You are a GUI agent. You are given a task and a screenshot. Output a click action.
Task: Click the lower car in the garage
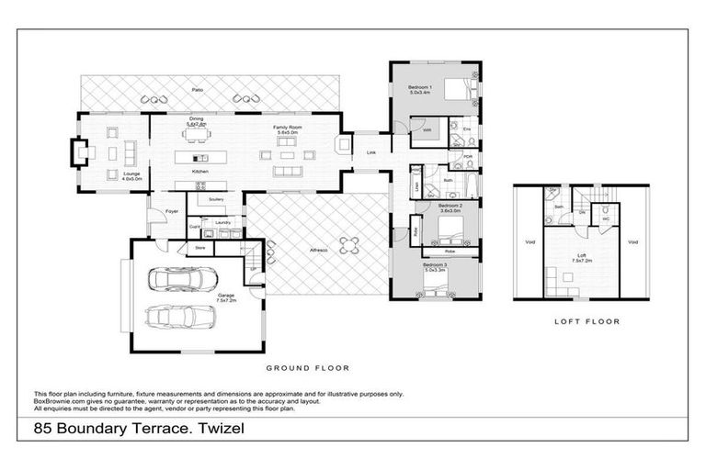pos(180,316)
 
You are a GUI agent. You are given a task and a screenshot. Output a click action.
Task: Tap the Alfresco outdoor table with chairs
pos(348,244)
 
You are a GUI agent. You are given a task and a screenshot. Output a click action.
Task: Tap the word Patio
pos(197,90)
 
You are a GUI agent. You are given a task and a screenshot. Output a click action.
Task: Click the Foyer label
pos(172,211)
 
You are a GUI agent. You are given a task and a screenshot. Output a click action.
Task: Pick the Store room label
pos(199,246)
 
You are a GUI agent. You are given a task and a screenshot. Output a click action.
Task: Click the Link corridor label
pos(371,152)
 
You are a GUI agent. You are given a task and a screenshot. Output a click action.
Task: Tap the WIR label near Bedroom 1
pos(427,130)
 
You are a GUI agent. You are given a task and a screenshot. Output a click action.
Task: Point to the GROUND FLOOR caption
pos(307,368)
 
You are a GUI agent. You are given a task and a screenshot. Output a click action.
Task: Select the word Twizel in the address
pos(221,429)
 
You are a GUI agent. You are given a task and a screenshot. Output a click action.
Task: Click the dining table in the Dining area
pos(196,134)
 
